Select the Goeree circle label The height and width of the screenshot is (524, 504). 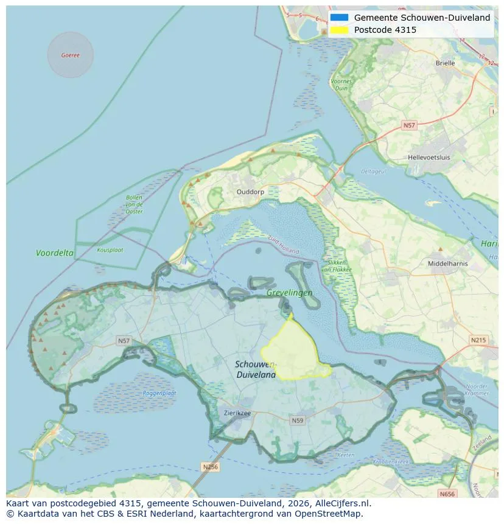pyautogui.click(x=70, y=55)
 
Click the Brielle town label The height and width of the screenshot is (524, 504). pyautogui.click(x=445, y=63)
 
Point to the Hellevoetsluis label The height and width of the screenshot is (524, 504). pyautogui.click(x=429, y=157)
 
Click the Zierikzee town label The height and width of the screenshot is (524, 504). pyautogui.click(x=237, y=413)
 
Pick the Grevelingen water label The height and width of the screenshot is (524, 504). pyautogui.click(x=289, y=293)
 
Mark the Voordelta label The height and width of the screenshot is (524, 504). pyautogui.click(x=55, y=253)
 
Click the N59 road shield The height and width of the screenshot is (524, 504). pyautogui.click(x=298, y=421)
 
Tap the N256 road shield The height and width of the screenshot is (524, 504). pyautogui.click(x=209, y=467)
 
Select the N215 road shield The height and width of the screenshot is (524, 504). pyautogui.click(x=478, y=340)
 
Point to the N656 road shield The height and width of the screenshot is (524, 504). pyautogui.click(x=447, y=494)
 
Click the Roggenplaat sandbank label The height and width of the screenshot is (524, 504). pyautogui.click(x=159, y=393)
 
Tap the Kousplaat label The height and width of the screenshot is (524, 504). pyautogui.click(x=110, y=250)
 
